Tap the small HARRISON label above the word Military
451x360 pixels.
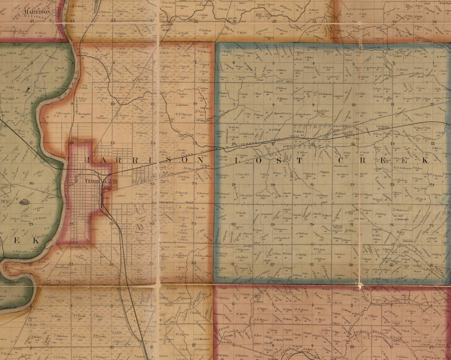click(x=37, y=12)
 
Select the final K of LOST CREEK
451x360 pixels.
click(x=425, y=161)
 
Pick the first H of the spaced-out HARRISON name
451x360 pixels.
click(x=88, y=159)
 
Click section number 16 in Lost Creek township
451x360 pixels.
click(x=313, y=144)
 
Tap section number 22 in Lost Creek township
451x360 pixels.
click(x=352, y=185)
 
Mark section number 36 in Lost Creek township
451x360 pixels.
click(x=431, y=265)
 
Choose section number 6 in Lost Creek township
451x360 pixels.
click(x=234, y=63)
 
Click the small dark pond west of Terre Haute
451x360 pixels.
click(x=15, y=202)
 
